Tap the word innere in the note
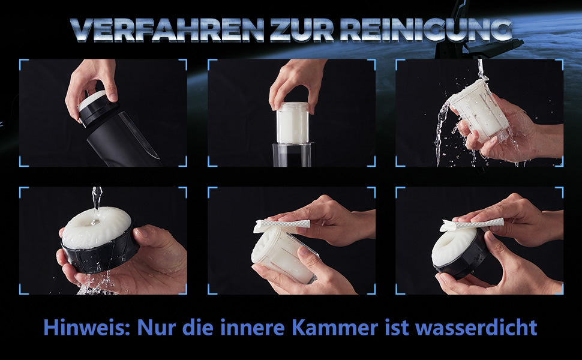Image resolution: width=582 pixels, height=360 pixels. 257,328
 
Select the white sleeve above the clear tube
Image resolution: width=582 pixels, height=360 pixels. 292,123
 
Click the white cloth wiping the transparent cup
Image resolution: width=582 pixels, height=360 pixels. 281,225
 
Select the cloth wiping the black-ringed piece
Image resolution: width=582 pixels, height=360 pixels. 470,224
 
